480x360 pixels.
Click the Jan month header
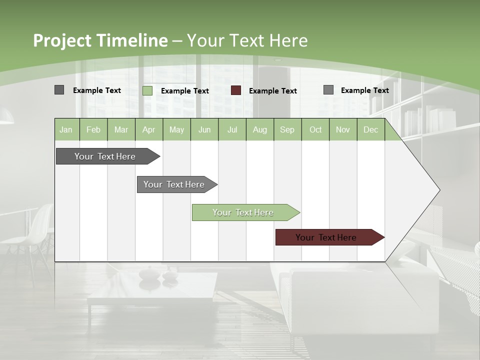click(66, 130)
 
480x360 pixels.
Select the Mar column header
click(121, 130)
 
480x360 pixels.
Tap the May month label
click(176, 130)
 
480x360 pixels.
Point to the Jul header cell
click(232, 130)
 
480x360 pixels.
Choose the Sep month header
click(287, 130)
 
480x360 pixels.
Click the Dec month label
click(370, 130)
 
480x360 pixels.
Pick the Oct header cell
click(315, 130)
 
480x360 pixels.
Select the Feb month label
click(93, 130)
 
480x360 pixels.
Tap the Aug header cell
click(259, 130)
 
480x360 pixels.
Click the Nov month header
click(343, 130)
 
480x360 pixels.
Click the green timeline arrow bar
click(243, 212)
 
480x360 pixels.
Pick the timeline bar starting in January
click(105, 156)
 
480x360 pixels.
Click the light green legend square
click(147, 90)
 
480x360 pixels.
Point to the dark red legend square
click(236, 90)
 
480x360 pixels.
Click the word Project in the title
click(62, 40)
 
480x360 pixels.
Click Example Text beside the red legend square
click(273, 91)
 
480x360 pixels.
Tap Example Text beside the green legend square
click(185, 91)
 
